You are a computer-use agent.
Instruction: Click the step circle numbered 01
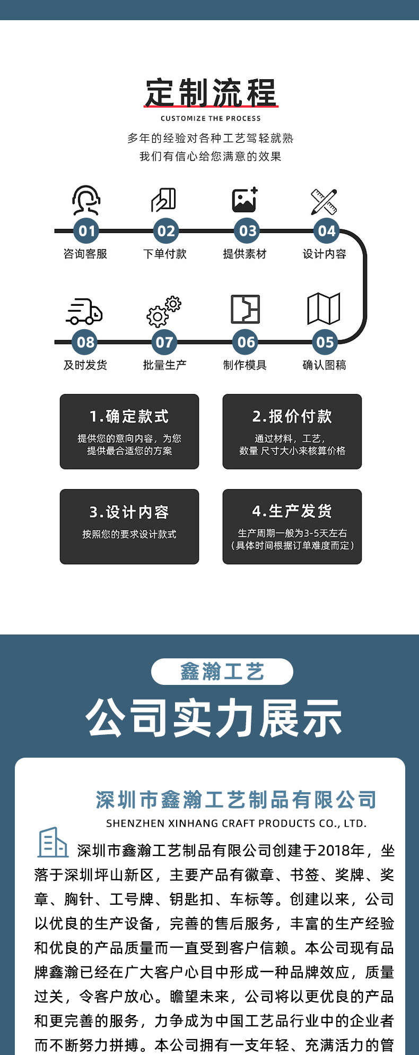click(86, 231)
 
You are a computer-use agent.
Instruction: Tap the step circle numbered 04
click(326, 231)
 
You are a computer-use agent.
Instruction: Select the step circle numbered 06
click(246, 342)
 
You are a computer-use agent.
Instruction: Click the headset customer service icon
click(86, 200)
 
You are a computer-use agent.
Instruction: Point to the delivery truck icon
click(84, 311)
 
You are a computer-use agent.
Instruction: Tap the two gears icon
click(164, 311)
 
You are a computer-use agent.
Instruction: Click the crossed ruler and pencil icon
click(324, 201)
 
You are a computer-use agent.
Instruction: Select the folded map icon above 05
click(324, 308)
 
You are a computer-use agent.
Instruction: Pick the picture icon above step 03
click(245, 200)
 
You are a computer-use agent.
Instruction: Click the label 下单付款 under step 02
click(165, 254)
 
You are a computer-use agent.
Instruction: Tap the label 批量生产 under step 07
click(165, 365)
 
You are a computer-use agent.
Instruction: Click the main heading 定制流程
click(211, 93)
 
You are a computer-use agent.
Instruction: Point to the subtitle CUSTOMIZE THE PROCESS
click(211, 118)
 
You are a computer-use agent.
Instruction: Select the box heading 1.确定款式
click(129, 416)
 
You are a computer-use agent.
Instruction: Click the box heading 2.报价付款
click(292, 416)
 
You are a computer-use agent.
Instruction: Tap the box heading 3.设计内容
click(129, 512)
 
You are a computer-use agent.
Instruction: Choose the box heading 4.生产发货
click(292, 511)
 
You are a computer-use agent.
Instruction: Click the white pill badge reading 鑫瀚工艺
click(222, 672)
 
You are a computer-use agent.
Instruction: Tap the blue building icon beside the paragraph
click(53, 843)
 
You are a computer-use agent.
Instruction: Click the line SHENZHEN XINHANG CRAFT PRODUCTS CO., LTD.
click(237, 824)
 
